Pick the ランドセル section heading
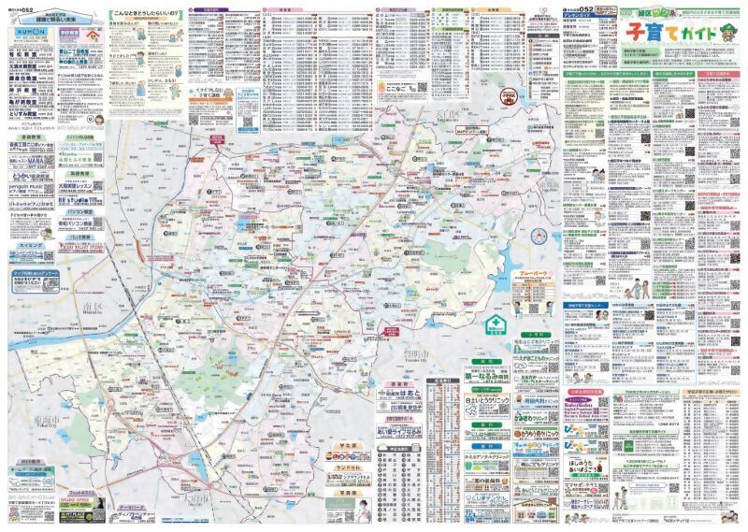tap(344, 466)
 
